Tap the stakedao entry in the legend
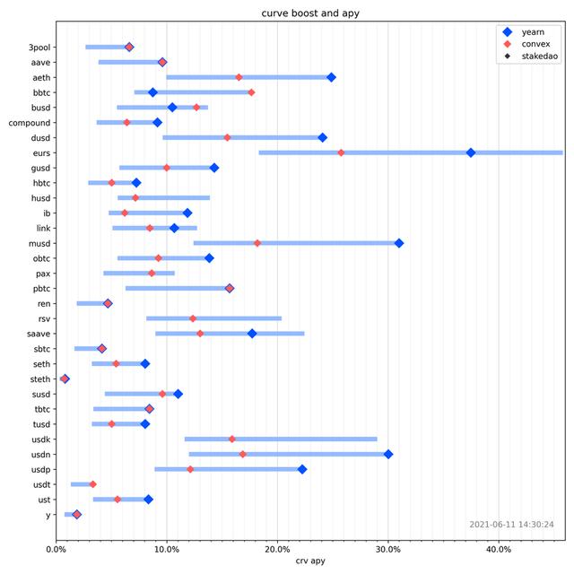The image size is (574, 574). click(539, 56)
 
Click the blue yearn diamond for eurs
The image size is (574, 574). click(471, 152)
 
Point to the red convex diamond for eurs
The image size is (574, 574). click(341, 152)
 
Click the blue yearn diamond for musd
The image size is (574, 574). click(399, 243)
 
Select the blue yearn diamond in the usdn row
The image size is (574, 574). click(388, 454)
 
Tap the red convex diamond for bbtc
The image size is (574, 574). click(251, 92)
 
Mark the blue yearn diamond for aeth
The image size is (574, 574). click(331, 77)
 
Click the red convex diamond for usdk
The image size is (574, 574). click(232, 439)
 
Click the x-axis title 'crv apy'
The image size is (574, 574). click(309, 562)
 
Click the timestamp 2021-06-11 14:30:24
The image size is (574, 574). click(511, 525)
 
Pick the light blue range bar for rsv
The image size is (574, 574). click(214, 318)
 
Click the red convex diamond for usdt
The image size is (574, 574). click(92, 484)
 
